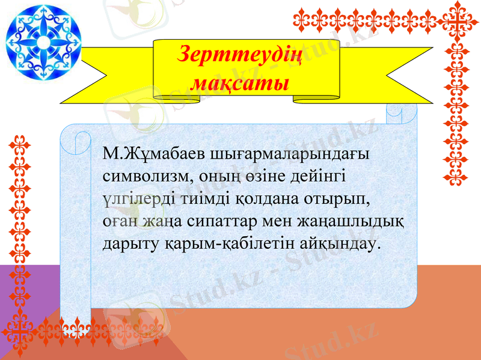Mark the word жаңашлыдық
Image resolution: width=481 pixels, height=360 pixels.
click(351, 221)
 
